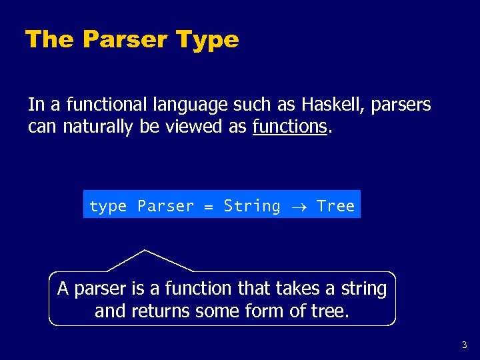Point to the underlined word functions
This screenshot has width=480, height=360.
pyautogui.click(x=290, y=127)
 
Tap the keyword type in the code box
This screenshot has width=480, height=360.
pyautogui.click(x=107, y=207)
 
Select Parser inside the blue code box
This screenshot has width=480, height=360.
pyautogui.click(x=165, y=207)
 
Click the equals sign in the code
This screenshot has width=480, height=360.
pyautogui.click(x=209, y=207)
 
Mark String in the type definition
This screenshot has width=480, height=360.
pyautogui.click(x=252, y=207)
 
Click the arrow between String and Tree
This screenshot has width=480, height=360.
pyautogui.click(x=299, y=207)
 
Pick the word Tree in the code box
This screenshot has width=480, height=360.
pyautogui.click(x=335, y=207)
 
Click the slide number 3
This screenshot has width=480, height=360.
pyautogui.click(x=464, y=345)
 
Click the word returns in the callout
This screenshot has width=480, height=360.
pyautogui.click(x=159, y=311)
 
